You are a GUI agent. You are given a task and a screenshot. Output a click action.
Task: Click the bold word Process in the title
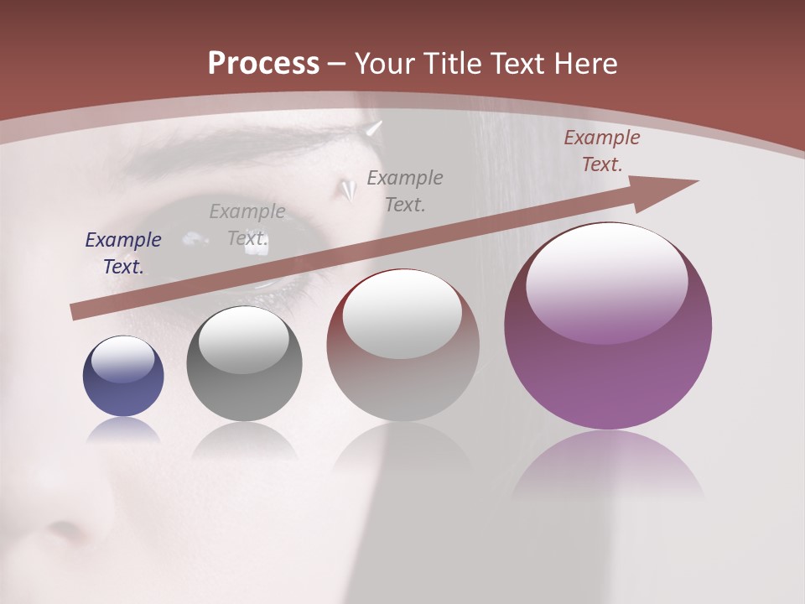click(263, 64)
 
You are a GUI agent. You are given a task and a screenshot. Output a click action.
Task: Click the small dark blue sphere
click(123, 377)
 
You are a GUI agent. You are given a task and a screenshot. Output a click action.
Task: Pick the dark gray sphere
click(244, 363)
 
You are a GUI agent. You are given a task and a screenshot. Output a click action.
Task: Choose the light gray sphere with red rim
click(402, 345)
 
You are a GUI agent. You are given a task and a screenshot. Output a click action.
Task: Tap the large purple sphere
click(608, 327)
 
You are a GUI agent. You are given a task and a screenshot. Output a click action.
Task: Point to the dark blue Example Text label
click(123, 253)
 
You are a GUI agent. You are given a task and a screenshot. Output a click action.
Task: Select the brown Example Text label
click(601, 151)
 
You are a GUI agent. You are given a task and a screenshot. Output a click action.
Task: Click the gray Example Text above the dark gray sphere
click(247, 225)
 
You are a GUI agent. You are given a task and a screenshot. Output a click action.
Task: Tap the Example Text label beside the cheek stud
click(405, 191)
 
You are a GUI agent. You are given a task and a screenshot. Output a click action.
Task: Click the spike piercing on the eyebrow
click(372, 129)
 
